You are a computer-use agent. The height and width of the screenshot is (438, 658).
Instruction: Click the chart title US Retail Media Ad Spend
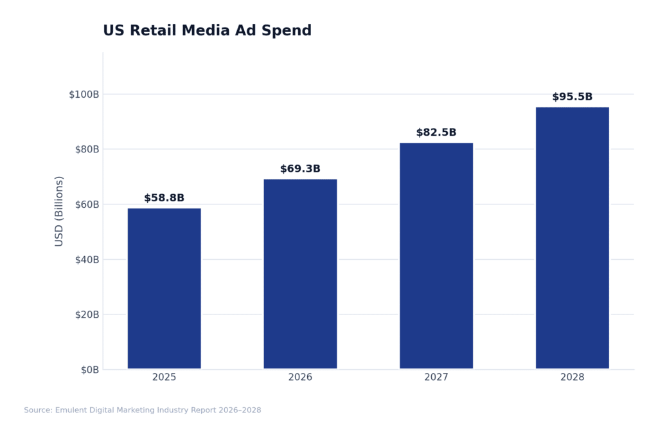207,31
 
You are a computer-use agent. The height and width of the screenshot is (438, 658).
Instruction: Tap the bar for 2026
300,273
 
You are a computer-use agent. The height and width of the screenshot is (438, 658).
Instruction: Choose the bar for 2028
572,237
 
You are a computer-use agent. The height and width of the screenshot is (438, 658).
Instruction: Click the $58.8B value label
164,198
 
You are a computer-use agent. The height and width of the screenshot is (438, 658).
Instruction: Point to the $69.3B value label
300,169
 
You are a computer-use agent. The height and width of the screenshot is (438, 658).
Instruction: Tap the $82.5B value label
436,132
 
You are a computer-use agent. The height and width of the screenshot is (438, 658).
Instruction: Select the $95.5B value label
572,97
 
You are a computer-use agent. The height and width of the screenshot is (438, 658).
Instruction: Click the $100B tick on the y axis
84,95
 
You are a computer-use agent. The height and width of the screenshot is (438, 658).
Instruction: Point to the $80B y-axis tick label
86,149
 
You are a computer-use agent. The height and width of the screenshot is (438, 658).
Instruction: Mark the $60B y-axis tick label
86,205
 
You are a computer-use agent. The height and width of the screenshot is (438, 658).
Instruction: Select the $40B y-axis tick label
86,259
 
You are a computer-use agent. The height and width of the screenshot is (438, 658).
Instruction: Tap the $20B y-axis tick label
86,315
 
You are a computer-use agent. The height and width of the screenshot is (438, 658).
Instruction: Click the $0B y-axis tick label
89,370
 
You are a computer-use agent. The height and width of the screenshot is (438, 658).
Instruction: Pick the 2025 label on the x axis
164,378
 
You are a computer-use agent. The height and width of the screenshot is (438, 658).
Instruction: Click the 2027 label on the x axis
436,378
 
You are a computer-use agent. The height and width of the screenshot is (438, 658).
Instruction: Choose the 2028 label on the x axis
572,378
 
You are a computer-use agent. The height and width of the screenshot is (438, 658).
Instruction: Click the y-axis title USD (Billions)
59,211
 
